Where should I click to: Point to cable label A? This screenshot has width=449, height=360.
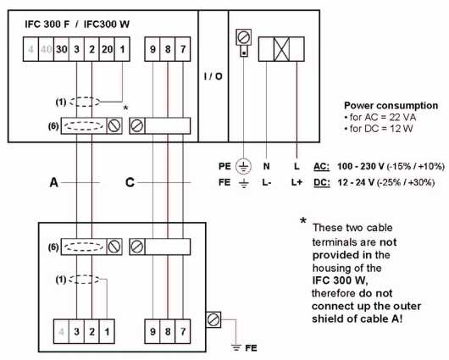(x=53, y=181)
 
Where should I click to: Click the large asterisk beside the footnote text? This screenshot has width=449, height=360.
(x=302, y=222)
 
